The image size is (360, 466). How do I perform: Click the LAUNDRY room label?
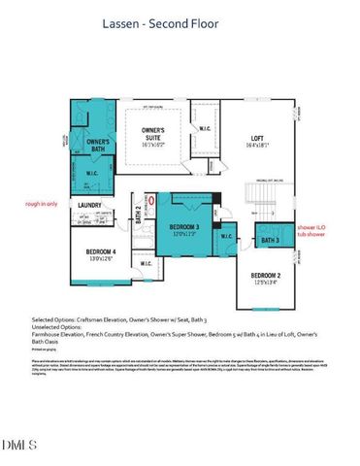coord(92,206)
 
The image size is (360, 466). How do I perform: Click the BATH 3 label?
coord(269,239)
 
